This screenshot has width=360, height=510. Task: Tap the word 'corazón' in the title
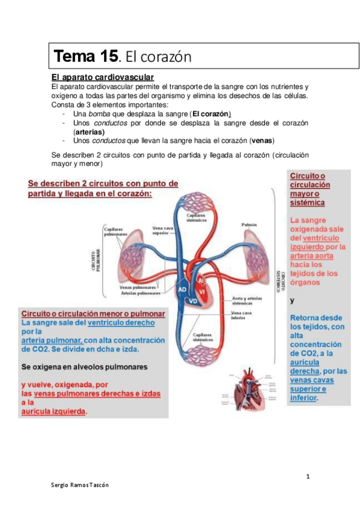(x=165, y=58)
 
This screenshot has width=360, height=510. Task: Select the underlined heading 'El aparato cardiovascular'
(x=103, y=78)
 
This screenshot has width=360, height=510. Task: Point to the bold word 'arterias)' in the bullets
(x=88, y=132)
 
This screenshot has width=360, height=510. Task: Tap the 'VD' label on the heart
(x=193, y=300)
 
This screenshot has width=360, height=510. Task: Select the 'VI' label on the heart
(x=202, y=291)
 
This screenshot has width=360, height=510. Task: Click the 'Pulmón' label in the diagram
(x=249, y=224)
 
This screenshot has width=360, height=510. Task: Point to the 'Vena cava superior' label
(x=164, y=231)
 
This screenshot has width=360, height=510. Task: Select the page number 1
(x=308, y=477)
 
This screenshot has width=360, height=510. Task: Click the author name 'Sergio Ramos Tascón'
(x=80, y=485)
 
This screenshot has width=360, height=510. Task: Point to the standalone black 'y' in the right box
(x=292, y=300)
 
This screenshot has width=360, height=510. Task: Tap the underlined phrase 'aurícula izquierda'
(x=53, y=411)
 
